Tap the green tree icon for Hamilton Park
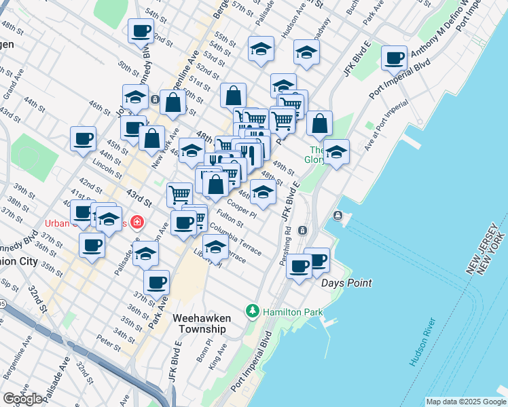coord(253,310)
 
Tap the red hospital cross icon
coord(137,222)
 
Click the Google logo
coord(22,399)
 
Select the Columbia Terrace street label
coord(235,239)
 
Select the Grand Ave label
coord(14,88)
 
